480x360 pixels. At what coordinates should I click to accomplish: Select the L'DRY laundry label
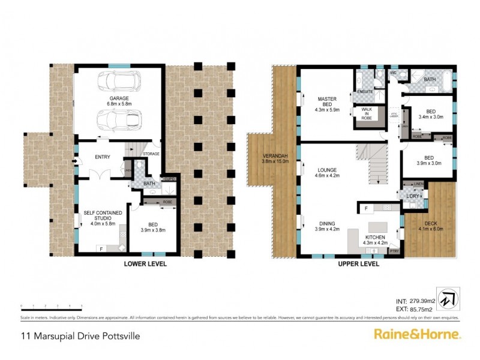point(413,196)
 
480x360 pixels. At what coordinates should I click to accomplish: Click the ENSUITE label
point(365,92)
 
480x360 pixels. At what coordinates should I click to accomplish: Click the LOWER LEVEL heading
point(145,263)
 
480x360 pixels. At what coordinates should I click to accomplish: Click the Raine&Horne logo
point(417,334)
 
